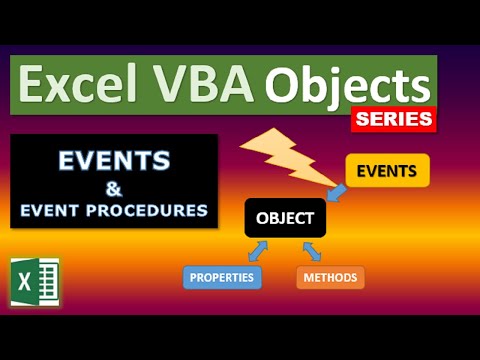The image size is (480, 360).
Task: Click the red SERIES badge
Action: pyautogui.click(x=394, y=119)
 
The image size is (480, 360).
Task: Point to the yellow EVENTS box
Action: pyautogui.click(x=387, y=171)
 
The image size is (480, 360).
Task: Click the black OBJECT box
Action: pyautogui.click(x=284, y=217)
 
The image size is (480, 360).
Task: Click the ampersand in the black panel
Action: pyautogui.click(x=113, y=186)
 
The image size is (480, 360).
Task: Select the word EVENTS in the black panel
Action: pyautogui.click(x=113, y=162)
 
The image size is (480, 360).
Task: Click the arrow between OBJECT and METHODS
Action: pyautogui.click(x=312, y=250)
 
